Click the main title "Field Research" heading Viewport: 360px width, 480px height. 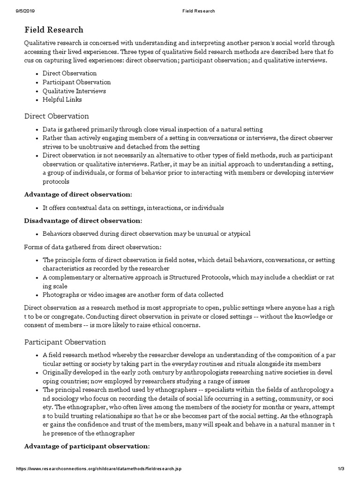pos(54,30)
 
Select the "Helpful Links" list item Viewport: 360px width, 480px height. pos(62,99)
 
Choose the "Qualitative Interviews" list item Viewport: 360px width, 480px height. pos(74,91)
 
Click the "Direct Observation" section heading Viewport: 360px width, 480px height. pos(56,116)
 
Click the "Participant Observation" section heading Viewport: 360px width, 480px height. pos(65,342)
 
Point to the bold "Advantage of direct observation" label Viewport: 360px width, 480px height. pos(78,194)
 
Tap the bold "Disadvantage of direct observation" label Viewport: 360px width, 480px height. pos(82,220)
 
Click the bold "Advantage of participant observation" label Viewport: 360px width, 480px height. pos(87,446)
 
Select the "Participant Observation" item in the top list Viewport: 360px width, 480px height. pos(76,82)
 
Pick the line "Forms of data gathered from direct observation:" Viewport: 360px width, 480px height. pos(93,247)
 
